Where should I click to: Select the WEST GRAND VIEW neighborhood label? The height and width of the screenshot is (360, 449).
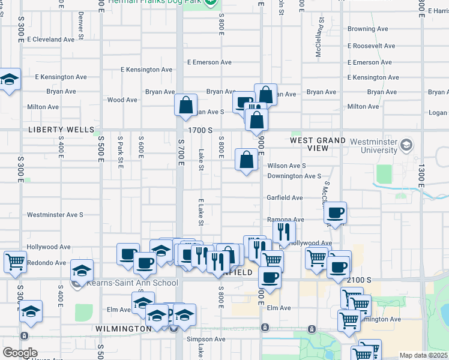point(318,144)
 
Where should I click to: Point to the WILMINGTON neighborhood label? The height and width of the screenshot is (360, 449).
point(123,329)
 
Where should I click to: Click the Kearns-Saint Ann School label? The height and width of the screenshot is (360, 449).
point(131,283)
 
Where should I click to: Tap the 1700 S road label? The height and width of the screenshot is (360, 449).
point(200,130)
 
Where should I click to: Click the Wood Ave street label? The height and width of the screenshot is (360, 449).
point(122,100)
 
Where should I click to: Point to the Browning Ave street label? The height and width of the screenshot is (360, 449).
point(368,29)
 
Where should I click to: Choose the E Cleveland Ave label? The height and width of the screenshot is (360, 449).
point(50,39)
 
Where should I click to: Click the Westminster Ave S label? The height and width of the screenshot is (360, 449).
point(55,214)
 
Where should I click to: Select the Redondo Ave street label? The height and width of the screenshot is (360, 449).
point(46,263)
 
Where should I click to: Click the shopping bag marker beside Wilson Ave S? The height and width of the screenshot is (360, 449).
point(246,160)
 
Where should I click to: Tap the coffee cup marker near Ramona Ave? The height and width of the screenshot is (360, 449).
point(336,213)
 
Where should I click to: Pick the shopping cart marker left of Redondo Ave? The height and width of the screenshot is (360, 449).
point(15,262)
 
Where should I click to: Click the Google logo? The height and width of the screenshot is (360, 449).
point(20,353)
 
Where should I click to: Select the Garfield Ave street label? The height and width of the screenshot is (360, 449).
point(285,197)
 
